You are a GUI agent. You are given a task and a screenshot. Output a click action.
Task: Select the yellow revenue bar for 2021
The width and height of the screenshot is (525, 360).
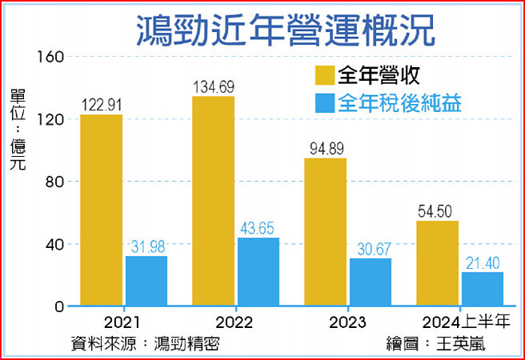102,210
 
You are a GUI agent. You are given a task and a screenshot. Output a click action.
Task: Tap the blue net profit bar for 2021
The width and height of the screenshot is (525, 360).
146,281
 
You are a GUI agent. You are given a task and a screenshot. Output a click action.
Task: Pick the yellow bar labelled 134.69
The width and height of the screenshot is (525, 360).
213,201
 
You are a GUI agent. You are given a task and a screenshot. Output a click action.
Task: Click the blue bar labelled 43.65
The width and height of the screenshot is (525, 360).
258,272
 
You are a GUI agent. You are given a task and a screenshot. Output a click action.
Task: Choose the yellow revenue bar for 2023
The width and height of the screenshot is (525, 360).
325,232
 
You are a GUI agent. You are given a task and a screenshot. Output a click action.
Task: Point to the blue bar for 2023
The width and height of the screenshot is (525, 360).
371,282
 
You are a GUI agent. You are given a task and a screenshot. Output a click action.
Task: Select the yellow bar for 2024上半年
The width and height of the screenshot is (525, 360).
437,263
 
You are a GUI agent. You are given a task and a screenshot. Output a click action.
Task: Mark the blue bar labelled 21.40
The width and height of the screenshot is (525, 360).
483,289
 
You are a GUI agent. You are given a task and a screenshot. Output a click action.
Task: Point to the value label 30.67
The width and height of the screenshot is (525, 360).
371,248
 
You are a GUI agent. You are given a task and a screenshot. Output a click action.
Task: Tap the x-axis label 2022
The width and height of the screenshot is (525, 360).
234,322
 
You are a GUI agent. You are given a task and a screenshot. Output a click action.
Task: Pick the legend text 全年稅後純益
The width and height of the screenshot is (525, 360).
401,104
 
